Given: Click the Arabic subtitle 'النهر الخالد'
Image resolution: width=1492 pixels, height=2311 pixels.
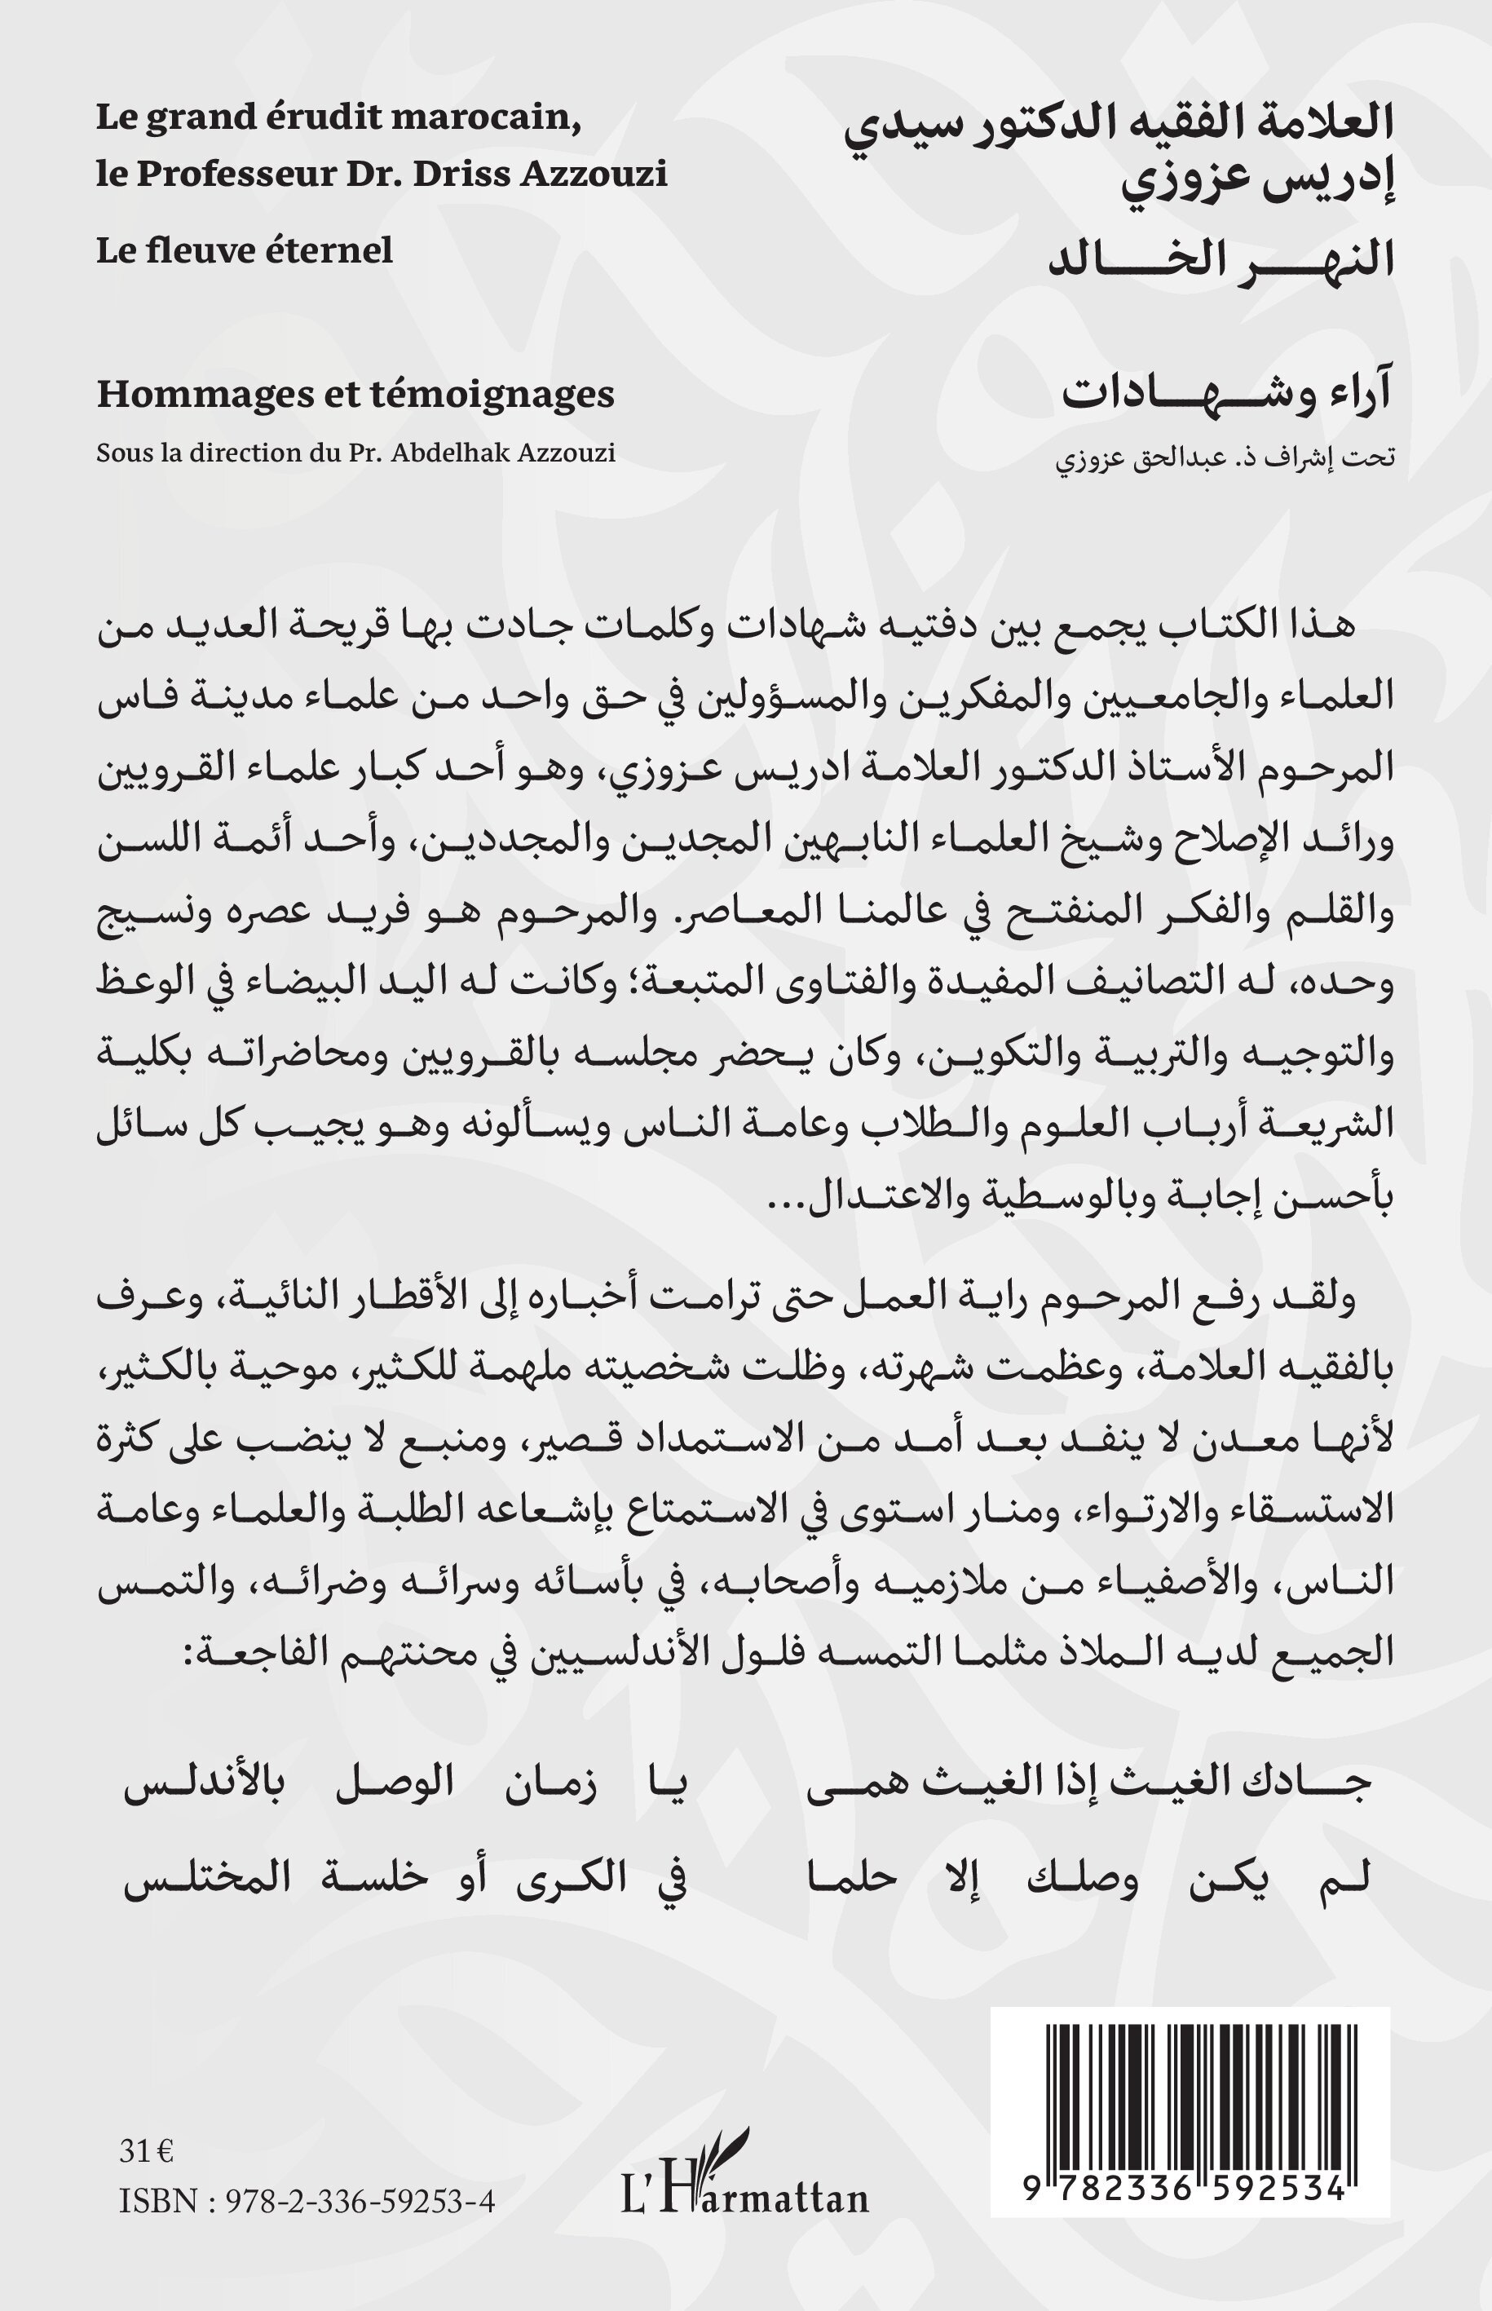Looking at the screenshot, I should (x=1223, y=259).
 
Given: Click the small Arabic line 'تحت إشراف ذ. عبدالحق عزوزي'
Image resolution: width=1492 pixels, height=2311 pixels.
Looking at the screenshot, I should (x=1225, y=457).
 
